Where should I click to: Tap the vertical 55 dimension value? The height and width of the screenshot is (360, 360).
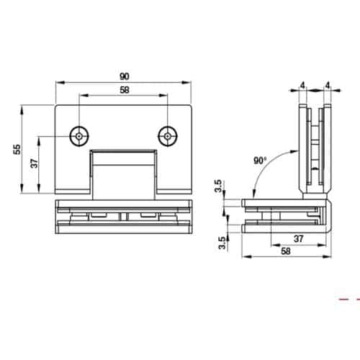[x=16, y=150]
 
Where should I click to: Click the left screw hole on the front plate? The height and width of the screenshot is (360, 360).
[x=78, y=135]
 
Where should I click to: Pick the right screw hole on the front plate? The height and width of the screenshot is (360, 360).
[x=168, y=135]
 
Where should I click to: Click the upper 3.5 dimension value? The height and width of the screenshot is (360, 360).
[x=218, y=189]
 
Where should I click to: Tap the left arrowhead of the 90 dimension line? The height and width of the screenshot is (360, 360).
[x=59, y=82]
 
